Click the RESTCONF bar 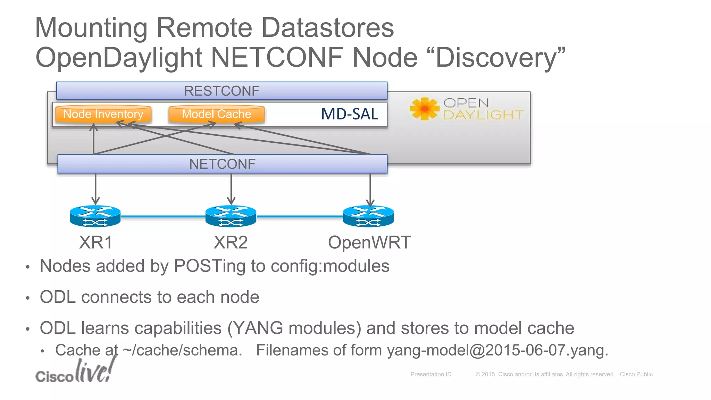click(x=221, y=91)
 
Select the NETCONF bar click(x=222, y=164)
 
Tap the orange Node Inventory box click(x=103, y=114)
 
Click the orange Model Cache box click(x=216, y=114)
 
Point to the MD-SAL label click(x=349, y=114)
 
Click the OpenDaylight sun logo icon click(x=424, y=109)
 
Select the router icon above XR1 click(x=95, y=216)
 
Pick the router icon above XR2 click(x=231, y=216)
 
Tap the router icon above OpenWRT click(x=368, y=216)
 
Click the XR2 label click(x=231, y=242)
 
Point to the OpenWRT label click(x=369, y=242)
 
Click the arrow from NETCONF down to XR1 click(x=95, y=189)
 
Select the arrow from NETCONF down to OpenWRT click(x=370, y=189)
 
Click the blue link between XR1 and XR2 click(x=163, y=217)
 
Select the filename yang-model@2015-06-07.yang click(x=497, y=350)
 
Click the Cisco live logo click(x=75, y=372)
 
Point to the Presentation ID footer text click(x=431, y=374)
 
